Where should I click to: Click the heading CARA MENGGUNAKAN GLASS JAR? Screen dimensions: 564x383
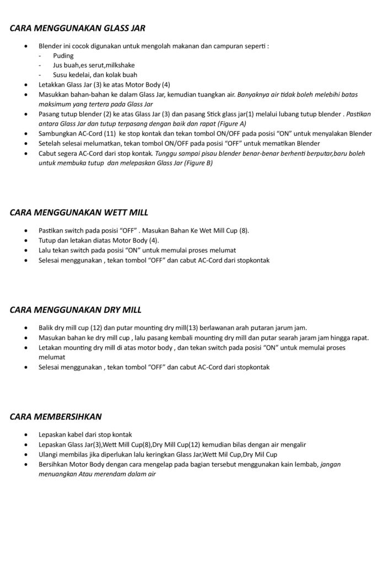[77, 28]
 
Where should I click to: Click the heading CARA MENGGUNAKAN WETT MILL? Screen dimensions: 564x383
[79, 211]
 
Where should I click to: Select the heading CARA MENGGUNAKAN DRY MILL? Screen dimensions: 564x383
[76, 309]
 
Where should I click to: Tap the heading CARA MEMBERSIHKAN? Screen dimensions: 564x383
[56, 416]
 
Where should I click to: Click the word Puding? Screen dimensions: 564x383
[63, 56]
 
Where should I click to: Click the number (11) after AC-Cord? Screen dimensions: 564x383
[109, 133]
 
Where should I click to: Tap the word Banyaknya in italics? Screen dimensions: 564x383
[255, 94]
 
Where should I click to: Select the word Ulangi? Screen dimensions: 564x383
[49, 454]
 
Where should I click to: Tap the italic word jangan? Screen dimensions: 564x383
[331, 464]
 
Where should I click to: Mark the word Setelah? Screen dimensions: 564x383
[50, 144]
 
